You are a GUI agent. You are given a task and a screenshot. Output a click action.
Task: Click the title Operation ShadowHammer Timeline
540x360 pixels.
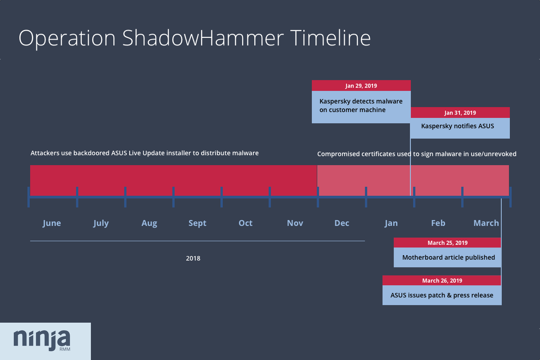[x=194, y=38]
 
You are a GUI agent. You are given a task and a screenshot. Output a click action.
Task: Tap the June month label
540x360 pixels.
[x=52, y=223]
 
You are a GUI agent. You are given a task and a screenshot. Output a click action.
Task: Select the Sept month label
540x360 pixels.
[x=197, y=223]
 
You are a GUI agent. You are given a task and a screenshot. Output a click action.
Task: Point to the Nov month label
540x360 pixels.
[x=295, y=223]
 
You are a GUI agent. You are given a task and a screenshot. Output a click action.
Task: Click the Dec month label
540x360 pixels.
[x=342, y=223]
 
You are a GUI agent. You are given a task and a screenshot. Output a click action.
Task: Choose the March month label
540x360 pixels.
[x=486, y=223]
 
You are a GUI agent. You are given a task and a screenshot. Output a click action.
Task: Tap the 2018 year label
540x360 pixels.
[x=193, y=259]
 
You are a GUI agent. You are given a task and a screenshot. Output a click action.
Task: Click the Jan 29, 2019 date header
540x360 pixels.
[x=361, y=85]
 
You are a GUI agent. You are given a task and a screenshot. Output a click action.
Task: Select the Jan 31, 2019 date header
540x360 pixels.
[x=460, y=113]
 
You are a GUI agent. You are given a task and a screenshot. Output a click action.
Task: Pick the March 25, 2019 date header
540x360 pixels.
[x=447, y=243]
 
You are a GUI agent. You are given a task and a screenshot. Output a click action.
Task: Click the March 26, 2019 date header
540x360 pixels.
[x=442, y=281]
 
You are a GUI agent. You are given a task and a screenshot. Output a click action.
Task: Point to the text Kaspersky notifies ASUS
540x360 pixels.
[x=457, y=126]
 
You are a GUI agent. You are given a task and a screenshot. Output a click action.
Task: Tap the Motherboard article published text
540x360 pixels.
[x=448, y=258]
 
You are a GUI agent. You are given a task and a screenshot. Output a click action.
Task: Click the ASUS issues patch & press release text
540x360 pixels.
[x=442, y=296]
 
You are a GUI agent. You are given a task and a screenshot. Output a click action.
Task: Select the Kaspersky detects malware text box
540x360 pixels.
[x=361, y=106]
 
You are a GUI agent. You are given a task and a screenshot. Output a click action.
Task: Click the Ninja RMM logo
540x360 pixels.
[x=42, y=340]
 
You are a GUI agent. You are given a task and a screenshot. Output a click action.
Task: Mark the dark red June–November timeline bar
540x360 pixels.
[x=173, y=180]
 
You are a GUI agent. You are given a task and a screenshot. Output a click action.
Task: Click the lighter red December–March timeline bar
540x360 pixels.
[x=413, y=180]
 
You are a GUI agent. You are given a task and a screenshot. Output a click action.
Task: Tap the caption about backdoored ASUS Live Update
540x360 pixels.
[x=144, y=153]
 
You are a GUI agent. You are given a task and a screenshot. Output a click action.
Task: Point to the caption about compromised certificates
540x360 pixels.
[x=417, y=154]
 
